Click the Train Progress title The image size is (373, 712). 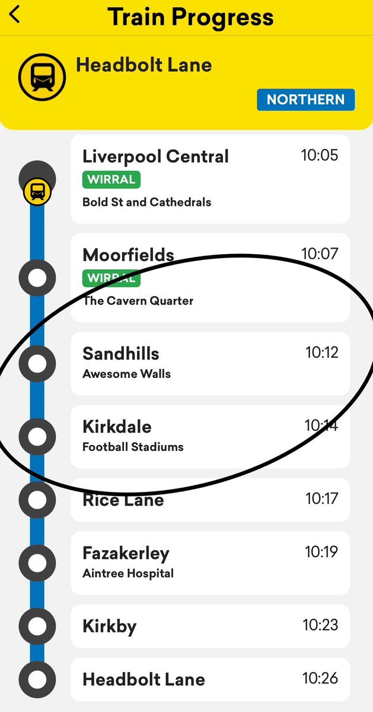coord(190,17)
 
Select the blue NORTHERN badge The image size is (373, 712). coord(305,99)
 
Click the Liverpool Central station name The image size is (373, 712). coord(155,157)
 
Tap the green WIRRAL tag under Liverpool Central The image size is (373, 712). coord(111,179)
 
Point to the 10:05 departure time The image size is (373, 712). coord(319,155)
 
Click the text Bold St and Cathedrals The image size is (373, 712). coord(146,202)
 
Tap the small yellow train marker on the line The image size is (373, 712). coord(37,192)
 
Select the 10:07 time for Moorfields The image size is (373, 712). coord(319,254)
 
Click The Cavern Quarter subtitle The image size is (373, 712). coord(138,301)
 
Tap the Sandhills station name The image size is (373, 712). coord(121,354)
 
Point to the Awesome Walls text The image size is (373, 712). coord(126,374)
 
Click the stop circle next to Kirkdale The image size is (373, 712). coord(37,437)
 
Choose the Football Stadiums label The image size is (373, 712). coord(133,447)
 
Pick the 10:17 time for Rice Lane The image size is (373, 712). coord(321,498)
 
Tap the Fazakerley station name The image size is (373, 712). coord(126,554)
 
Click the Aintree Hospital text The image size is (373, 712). coord(128,574)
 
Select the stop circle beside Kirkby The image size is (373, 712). coord(37,626)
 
